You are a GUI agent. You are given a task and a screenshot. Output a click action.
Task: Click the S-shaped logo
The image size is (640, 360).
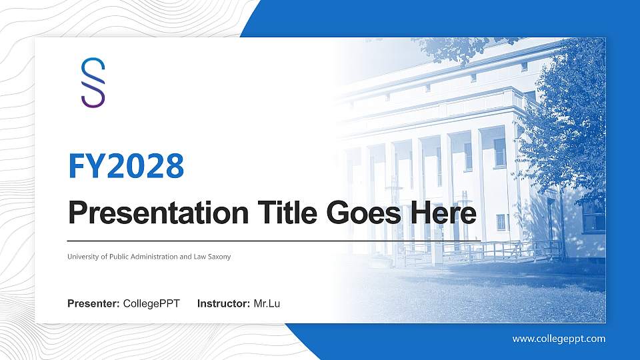[x=93, y=82]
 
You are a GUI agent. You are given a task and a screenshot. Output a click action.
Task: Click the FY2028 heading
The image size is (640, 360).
[x=126, y=167]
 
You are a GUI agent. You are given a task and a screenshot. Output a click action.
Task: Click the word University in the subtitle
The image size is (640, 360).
[x=83, y=257]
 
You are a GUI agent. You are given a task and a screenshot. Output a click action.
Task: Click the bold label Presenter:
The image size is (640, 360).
[x=93, y=304]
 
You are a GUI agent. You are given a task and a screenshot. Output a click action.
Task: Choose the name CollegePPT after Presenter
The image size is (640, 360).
[x=151, y=304]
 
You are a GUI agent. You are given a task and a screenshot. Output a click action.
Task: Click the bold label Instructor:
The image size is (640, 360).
[x=224, y=304]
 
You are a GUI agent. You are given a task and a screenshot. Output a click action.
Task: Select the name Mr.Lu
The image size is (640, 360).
[x=267, y=304]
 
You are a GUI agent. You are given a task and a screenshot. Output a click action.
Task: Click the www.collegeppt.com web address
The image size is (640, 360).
[x=559, y=339]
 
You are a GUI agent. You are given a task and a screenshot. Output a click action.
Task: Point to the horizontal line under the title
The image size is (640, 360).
[x=273, y=240]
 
